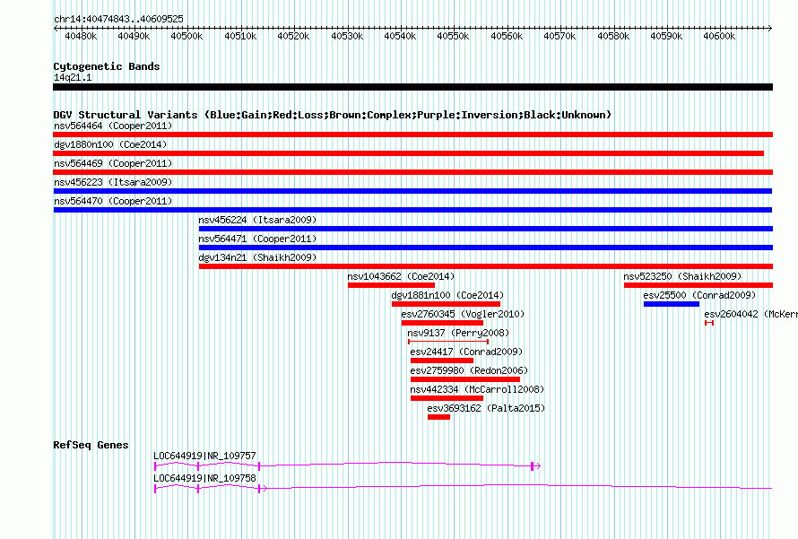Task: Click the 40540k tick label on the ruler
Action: (x=400, y=36)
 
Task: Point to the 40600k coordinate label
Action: (x=719, y=36)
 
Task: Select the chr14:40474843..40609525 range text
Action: (x=118, y=19)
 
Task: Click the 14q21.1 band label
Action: (x=73, y=77)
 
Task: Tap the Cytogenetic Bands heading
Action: (x=107, y=66)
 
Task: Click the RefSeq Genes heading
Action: (x=91, y=445)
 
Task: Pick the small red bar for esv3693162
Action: (x=438, y=417)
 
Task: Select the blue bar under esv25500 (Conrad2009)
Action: (x=672, y=304)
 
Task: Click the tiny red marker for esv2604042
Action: (x=709, y=323)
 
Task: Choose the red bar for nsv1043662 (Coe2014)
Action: (x=391, y=285)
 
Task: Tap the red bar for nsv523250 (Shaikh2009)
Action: (x=698, y=285)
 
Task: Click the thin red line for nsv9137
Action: (x=448, y=342)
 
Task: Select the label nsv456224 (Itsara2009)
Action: (x=257, y=220)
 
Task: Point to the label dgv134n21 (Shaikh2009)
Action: (x=257, y=257)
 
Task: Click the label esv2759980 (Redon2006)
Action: (x=469, y=370)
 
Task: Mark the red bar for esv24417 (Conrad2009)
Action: (x=442, y=361)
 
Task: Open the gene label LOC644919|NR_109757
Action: (x=204, y=456)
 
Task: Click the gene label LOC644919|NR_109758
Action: (x=204, y=478)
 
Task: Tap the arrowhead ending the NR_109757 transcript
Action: (x=537, y=465)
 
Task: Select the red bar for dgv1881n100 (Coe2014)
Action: (x=446, y=304)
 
